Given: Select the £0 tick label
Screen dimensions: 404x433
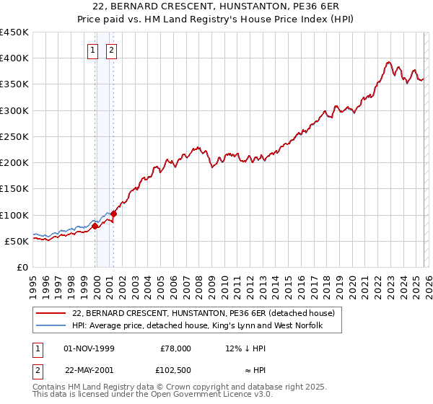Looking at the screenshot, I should [23, 267].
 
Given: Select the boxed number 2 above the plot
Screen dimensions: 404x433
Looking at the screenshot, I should [113, 50].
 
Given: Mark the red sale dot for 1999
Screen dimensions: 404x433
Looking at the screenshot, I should [95, 227].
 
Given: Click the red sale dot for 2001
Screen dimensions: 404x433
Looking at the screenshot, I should [114, 214].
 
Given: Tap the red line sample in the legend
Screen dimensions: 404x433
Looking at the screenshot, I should [51, 314].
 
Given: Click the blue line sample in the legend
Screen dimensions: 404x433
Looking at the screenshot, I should [51, 326].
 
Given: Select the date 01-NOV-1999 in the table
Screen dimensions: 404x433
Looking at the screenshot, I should [89, 348].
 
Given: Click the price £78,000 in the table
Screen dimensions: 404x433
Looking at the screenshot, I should [175, 348].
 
